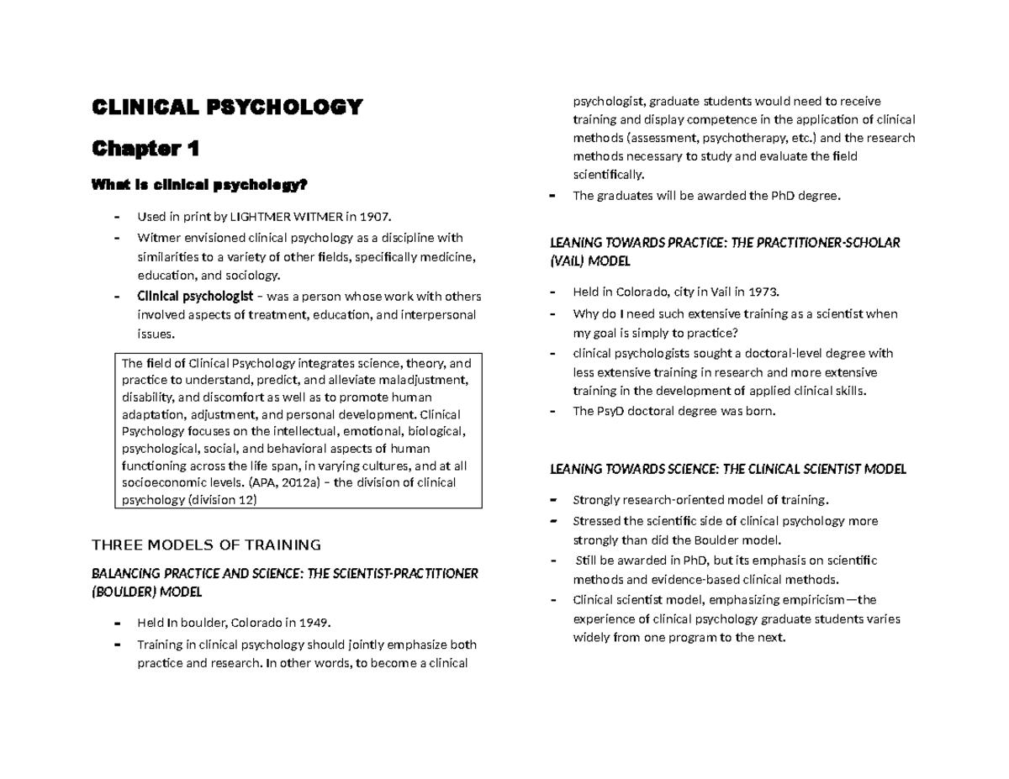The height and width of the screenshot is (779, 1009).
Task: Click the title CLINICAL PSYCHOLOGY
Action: tap(227, 108)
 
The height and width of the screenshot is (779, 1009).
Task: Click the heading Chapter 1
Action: tap(145, 149)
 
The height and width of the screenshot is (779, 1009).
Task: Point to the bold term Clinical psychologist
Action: tap(194, 296)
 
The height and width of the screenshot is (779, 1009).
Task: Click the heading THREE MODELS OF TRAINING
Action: tap(206, 544)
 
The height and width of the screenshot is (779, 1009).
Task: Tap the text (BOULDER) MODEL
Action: tap(147, 592)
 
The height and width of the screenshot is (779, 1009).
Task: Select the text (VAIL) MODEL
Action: tap(589, 261)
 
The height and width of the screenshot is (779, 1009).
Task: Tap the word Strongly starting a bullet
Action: tap(595, 500)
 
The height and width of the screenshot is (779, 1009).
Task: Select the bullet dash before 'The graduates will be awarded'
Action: tap(552, 197)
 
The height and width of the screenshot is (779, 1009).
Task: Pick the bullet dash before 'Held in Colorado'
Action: tap(552, 292)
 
